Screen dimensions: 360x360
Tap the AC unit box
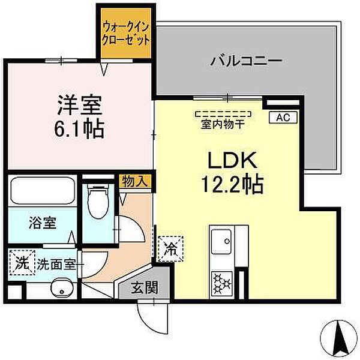click(x=283, y=118)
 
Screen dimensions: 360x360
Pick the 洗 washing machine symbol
click(x=22, y=263)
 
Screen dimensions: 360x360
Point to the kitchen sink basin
click(x=222, y=244)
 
